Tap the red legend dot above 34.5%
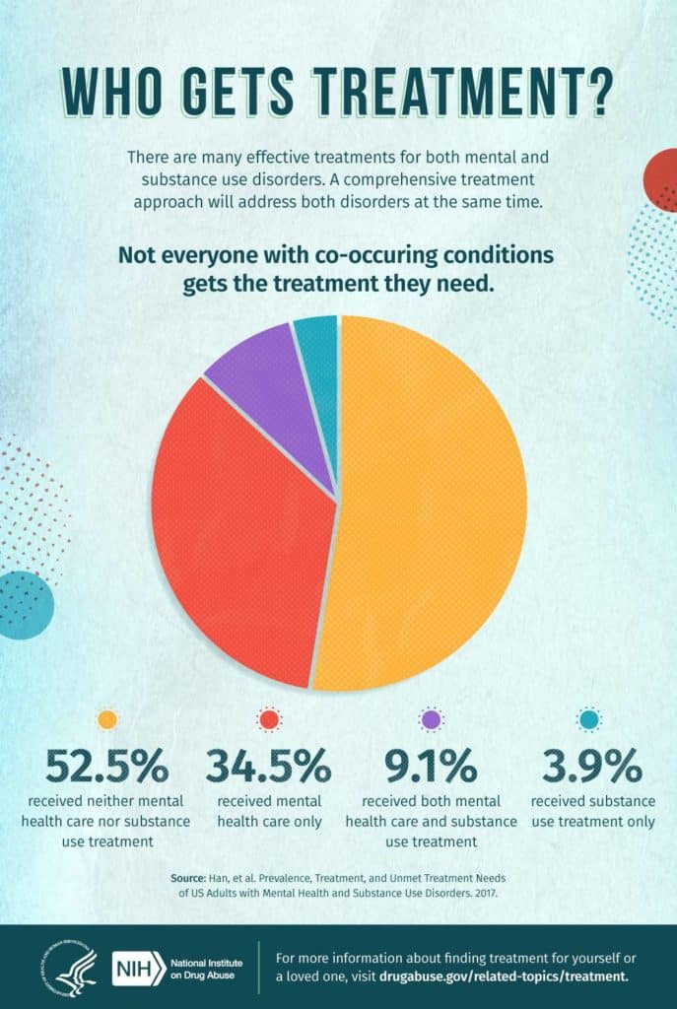[x=267, y=720]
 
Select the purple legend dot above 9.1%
[x=432, y=720]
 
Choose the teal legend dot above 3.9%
[x=591, y=720]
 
